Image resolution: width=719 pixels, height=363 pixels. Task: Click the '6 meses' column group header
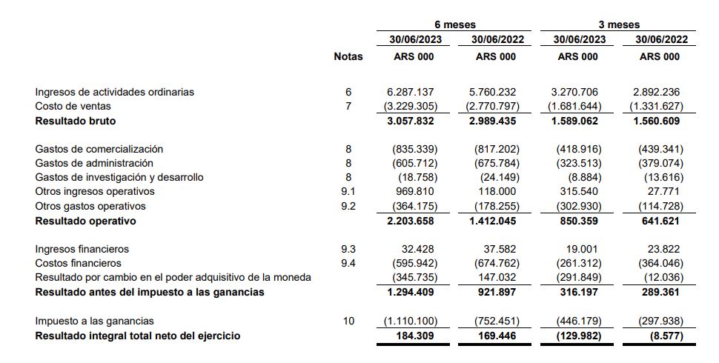[x=454, y=24]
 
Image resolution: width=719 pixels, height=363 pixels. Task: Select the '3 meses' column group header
[x=618, y=24]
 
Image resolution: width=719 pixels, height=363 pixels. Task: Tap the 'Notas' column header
[x=348, y=56]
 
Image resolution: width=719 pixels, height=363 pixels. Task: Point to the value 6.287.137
[x=411, y=92]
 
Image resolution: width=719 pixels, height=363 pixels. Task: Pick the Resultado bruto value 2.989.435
[x=492, y=121]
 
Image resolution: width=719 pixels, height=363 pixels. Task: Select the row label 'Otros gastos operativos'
[x=90, y=206]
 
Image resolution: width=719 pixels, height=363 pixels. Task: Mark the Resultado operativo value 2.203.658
[x=411, y=221]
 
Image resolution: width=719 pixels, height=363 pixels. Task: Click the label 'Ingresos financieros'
[x=82, y=249]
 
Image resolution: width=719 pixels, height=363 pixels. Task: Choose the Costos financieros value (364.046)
[x=659, y=263]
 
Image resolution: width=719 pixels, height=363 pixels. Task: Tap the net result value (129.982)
[x=577, y=336]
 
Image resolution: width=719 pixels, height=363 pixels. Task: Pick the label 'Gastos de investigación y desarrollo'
[x=119, y=177]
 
